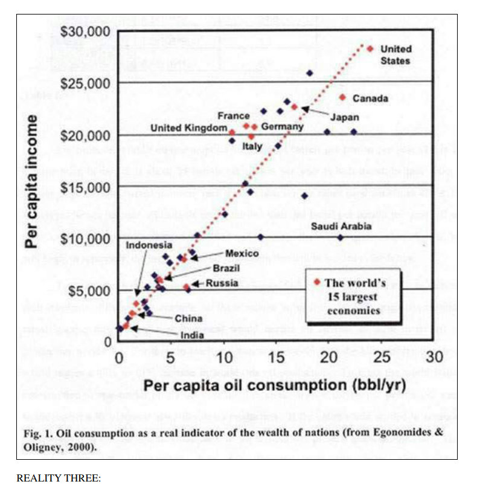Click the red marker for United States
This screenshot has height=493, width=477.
coord(370,49)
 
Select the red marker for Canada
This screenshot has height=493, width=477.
coord(342,97)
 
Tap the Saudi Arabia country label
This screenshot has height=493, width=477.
coord(341,227)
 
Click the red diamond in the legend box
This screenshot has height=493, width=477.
coord(316,282)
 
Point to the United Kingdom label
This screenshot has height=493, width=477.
coord(188,128)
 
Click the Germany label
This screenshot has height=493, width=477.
coord(282,127)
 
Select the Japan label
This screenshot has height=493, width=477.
coord(345,117)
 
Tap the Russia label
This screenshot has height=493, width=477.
coord(222,283)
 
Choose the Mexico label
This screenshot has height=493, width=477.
coord(242,254)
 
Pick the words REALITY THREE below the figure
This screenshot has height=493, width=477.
coord(58,478)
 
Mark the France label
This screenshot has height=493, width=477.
coord(234,115)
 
